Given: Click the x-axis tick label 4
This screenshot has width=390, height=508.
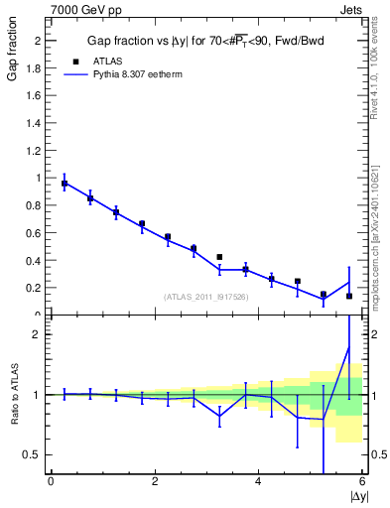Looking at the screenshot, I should [258, 482].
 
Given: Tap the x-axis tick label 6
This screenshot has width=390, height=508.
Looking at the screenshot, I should [361, 482].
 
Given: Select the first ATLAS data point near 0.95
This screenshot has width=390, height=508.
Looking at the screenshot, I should [65, 184].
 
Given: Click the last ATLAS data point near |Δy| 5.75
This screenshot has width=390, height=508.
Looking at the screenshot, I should [349, 296].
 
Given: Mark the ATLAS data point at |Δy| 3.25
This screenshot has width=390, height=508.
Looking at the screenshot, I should [219, 257].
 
